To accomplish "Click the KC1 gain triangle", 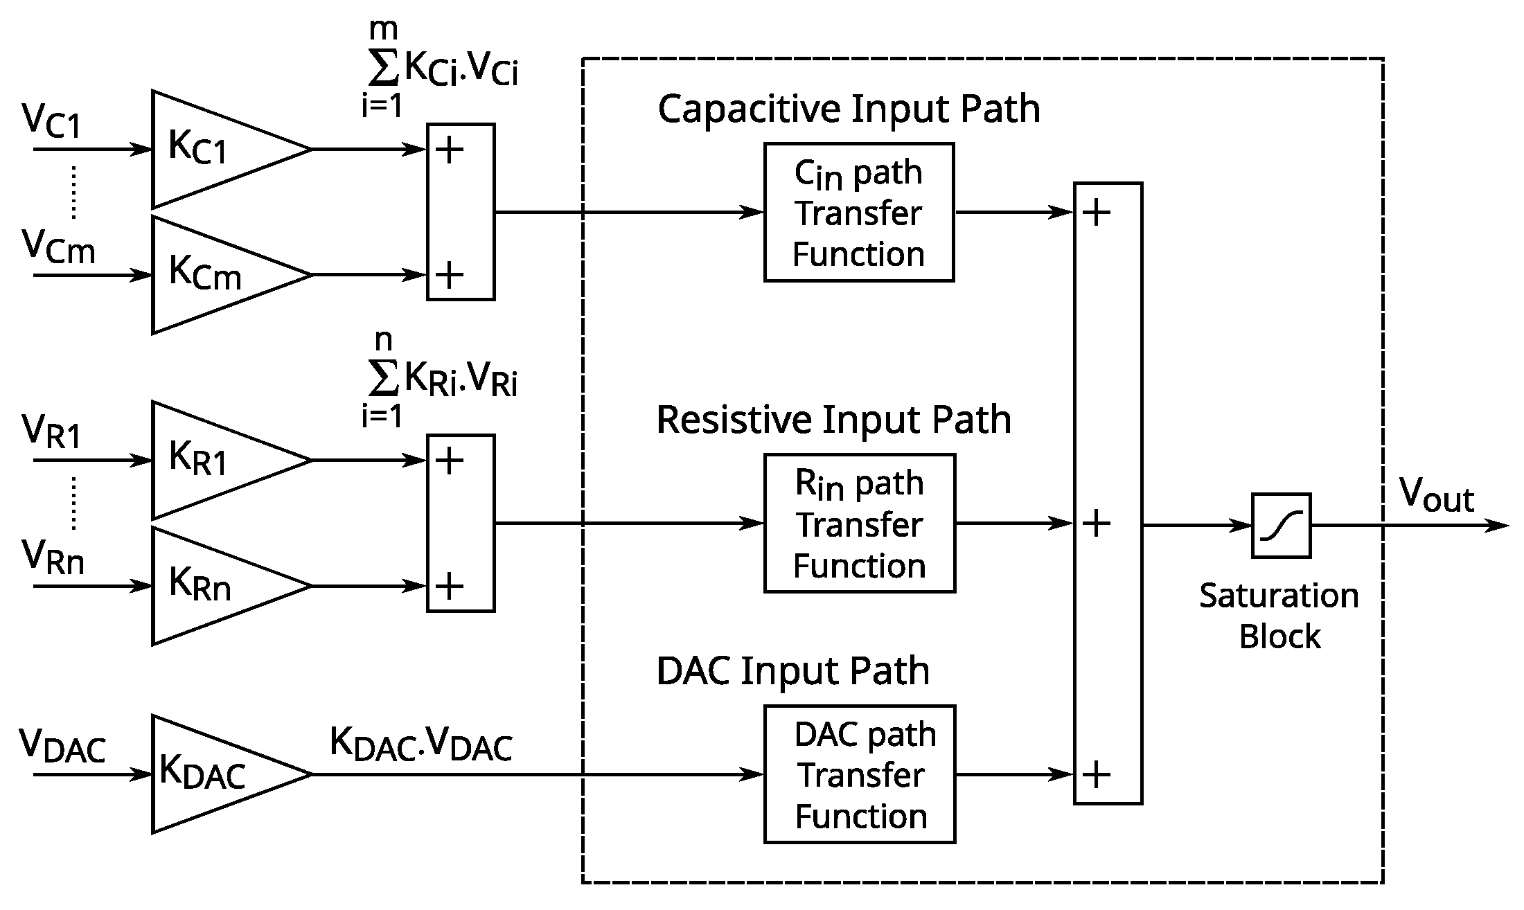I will (215, 149).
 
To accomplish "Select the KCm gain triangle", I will (215, 275).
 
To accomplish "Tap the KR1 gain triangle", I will (215, 460).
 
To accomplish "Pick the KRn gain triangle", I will (215, 586).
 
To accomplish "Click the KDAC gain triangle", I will (215, 774).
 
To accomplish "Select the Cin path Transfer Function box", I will (859, 212).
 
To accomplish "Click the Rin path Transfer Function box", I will (859, 524).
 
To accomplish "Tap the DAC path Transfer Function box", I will (859, 774).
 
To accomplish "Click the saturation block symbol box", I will (1281, 525).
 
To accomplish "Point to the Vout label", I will (1436, 496).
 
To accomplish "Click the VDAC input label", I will (62, 746).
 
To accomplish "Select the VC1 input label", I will (52, 121).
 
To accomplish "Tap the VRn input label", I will (53, 557).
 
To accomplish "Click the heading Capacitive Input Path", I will (849, 109).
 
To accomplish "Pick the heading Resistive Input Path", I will (833, 420).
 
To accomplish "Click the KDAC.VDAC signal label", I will (420, 744).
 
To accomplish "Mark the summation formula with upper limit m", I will (440, 69).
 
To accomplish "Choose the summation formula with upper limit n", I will (440, 380).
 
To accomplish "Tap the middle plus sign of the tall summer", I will (1097, 524).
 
